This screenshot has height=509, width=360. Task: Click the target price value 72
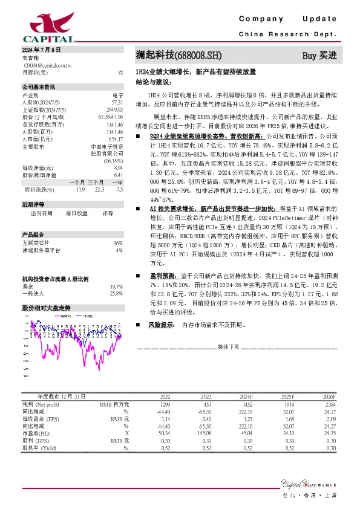pyautogui.click(x=120, y=72)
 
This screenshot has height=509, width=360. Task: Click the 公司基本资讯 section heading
pyautogui.click(x=38, y=86)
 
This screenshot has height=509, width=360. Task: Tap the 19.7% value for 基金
pyautogui.click(x=117, y=287)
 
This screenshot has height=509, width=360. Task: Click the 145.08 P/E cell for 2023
pyautogui.click(x=203, y=433)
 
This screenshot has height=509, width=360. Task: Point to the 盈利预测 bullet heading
pyautogui.click(x=160, y=274)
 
